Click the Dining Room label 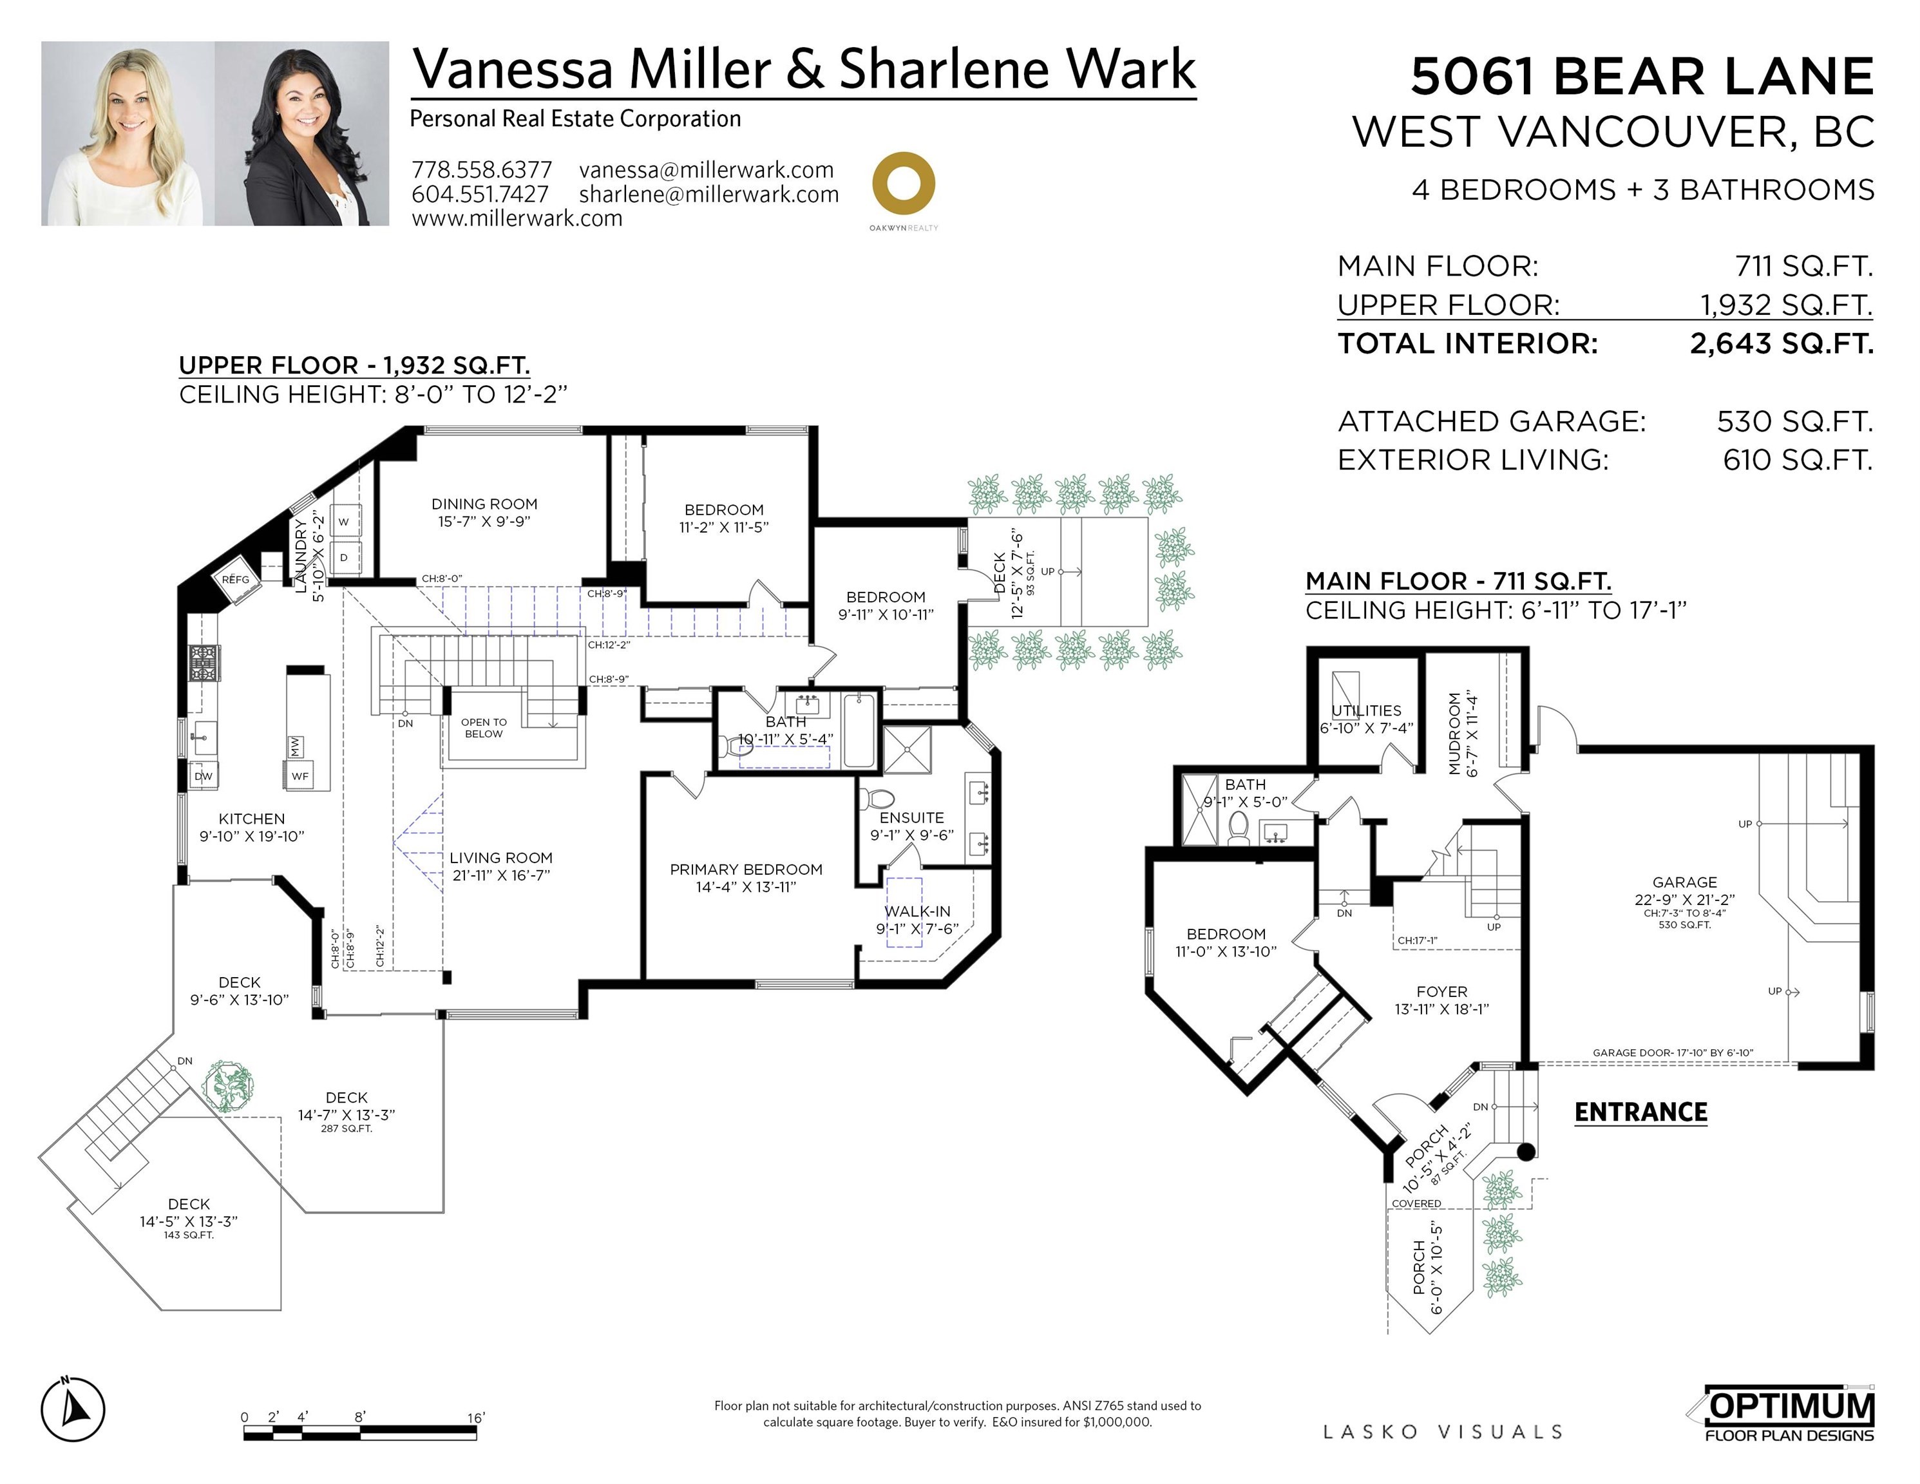[484, 511]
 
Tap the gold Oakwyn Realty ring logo [903, 184]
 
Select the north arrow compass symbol [73, 1410]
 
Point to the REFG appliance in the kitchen [236, 579]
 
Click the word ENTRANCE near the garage [1640, 1112]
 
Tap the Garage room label [1684, 882]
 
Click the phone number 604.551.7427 [480, 195]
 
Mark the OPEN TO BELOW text [484, 728]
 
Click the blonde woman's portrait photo [128, 133]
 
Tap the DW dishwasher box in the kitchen [203, 776]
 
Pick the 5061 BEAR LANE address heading [1641, 77]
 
